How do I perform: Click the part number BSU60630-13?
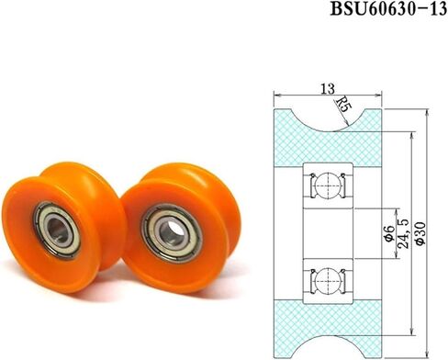coord(384,11)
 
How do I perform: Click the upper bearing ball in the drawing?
coord(329,186)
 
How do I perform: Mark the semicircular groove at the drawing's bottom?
coord(329,348)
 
